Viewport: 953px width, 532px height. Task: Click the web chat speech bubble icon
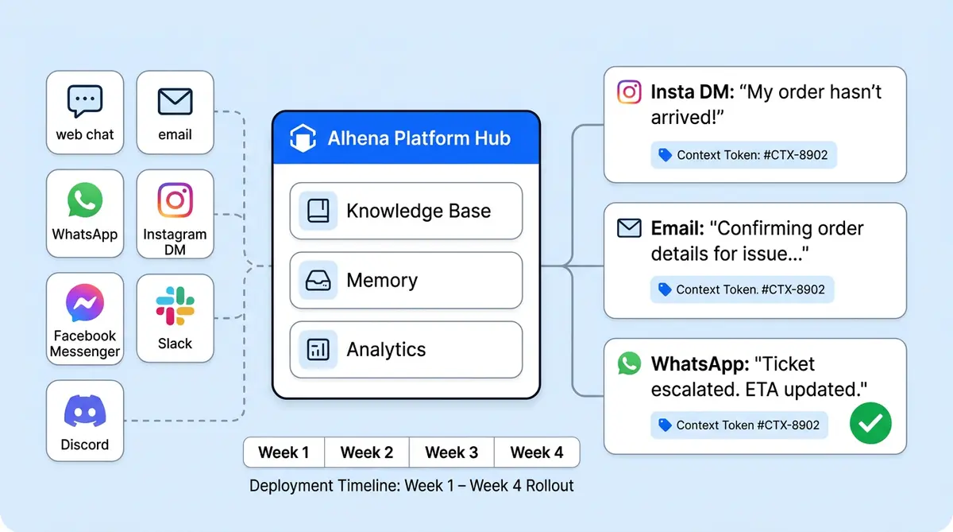tap(85, 101)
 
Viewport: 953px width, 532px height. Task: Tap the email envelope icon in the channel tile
tap(175, 101)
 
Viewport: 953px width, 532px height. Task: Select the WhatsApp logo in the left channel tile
tap(85, 200)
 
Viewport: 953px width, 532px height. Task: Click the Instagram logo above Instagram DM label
tap(175, 200)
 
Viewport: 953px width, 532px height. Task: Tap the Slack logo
tap(175, 305)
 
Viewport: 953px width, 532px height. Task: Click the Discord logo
tap(85, 412)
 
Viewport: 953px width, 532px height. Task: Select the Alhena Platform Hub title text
tap(419, 138)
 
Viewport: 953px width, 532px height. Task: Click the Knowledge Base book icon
tap(318, 211)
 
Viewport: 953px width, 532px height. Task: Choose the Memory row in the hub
tap(406, 281)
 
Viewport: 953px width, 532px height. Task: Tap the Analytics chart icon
tap(318, 350)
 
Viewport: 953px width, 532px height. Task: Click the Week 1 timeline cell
tap(284, 452)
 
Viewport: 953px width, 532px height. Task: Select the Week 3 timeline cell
tap(451, 452)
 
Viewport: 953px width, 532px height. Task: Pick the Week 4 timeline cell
tap(537, 452)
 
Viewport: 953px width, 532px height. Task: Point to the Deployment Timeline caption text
tap(411, 485)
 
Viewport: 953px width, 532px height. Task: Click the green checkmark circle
tap(870, 423)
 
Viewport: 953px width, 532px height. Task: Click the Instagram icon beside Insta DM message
tap(629, 91)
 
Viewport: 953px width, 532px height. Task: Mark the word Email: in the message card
tap(677, 228)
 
